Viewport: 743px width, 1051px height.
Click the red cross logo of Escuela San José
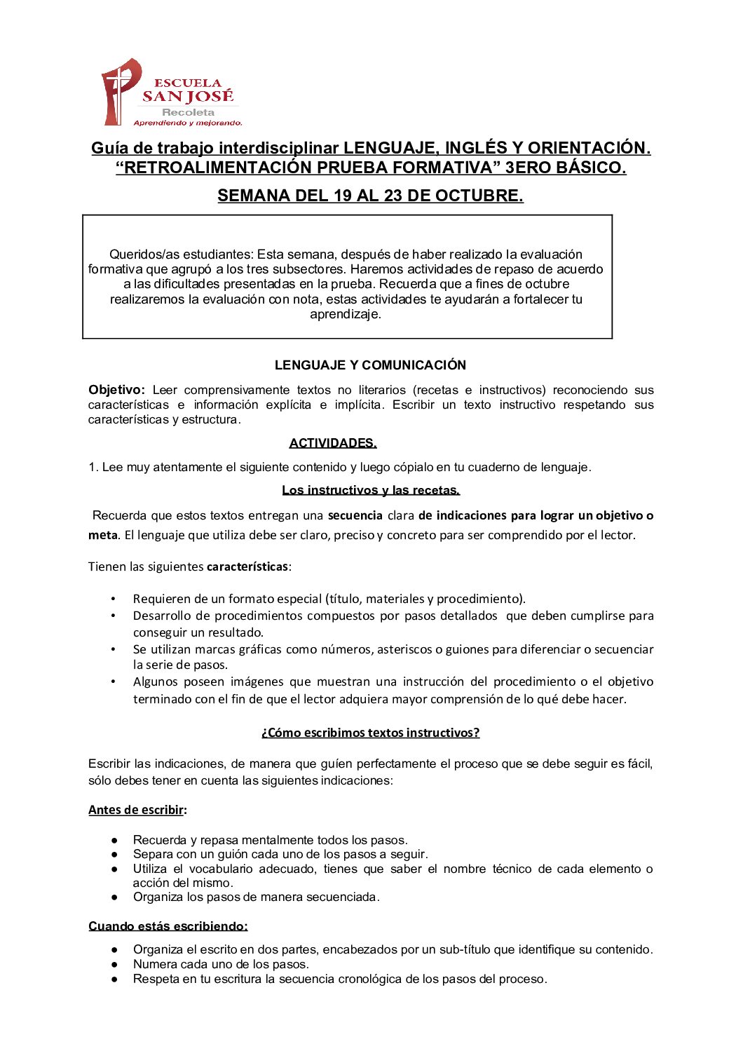pyautogui.click(x=121, y=91)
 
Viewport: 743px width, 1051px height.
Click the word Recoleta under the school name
pyautogui.click(x=188, y=112)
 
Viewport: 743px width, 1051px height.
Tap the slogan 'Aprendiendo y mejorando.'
pyautogui.click(x=188, y=123)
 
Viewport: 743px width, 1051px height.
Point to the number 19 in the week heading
pyautogui.click(x=343, y=196)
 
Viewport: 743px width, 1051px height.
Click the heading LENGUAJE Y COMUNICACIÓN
pyautogui.click(x=370, y=365)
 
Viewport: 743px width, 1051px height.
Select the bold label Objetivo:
pyautogui.click(x=116, y=390)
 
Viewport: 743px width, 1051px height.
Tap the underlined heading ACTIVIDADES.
pyautogui.click(x=333, y=443)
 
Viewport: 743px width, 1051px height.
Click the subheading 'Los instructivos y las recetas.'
pyautogui.click(x=371, y=490)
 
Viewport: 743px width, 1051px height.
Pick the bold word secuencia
pyautogui.click(x=355, y=515)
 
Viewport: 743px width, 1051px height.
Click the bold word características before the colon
pyautogui.click(x=247, y=567)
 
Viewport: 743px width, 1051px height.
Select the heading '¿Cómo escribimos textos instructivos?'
pyautogui.click(x=370, y=733)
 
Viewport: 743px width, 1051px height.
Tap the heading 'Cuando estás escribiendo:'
pyautogui.click(x=168, y=926)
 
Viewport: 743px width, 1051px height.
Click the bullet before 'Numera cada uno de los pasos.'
pyautogui.click(x=114, y=964)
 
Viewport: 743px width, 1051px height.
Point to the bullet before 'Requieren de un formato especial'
pyautogui.click(x=114, y=599)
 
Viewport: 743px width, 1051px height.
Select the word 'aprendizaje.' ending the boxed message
pyautogui.click(x=346, y=314)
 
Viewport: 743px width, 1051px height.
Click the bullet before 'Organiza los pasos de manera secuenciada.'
pyautogui.click(x=114, y=897)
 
